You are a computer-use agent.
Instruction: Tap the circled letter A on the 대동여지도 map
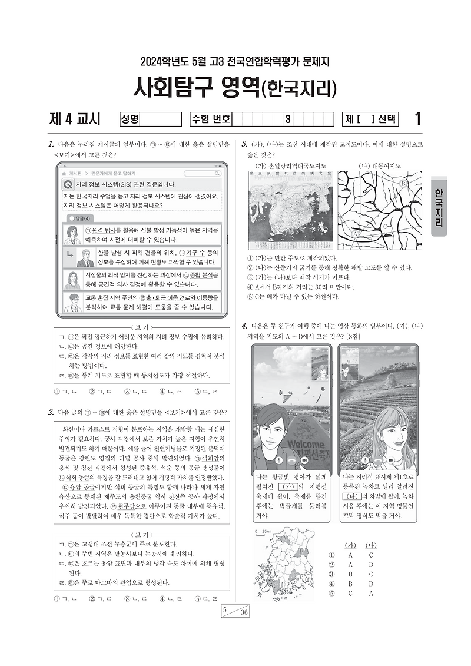coord(356,234)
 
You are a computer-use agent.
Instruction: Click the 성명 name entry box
coord(160,120)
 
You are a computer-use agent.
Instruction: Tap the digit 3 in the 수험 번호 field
coord(287,120)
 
